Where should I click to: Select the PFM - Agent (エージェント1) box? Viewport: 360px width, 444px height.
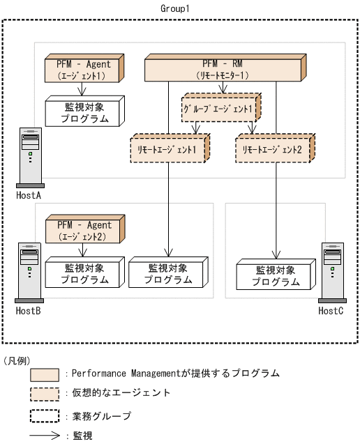coord(82,68)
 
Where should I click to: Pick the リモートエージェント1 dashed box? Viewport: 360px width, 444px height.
coord(168,149)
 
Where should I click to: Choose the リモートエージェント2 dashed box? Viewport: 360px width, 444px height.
coord(273,149)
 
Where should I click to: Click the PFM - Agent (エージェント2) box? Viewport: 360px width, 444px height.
coord(82,230)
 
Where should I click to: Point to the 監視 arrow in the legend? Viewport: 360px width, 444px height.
coord(45,436)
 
